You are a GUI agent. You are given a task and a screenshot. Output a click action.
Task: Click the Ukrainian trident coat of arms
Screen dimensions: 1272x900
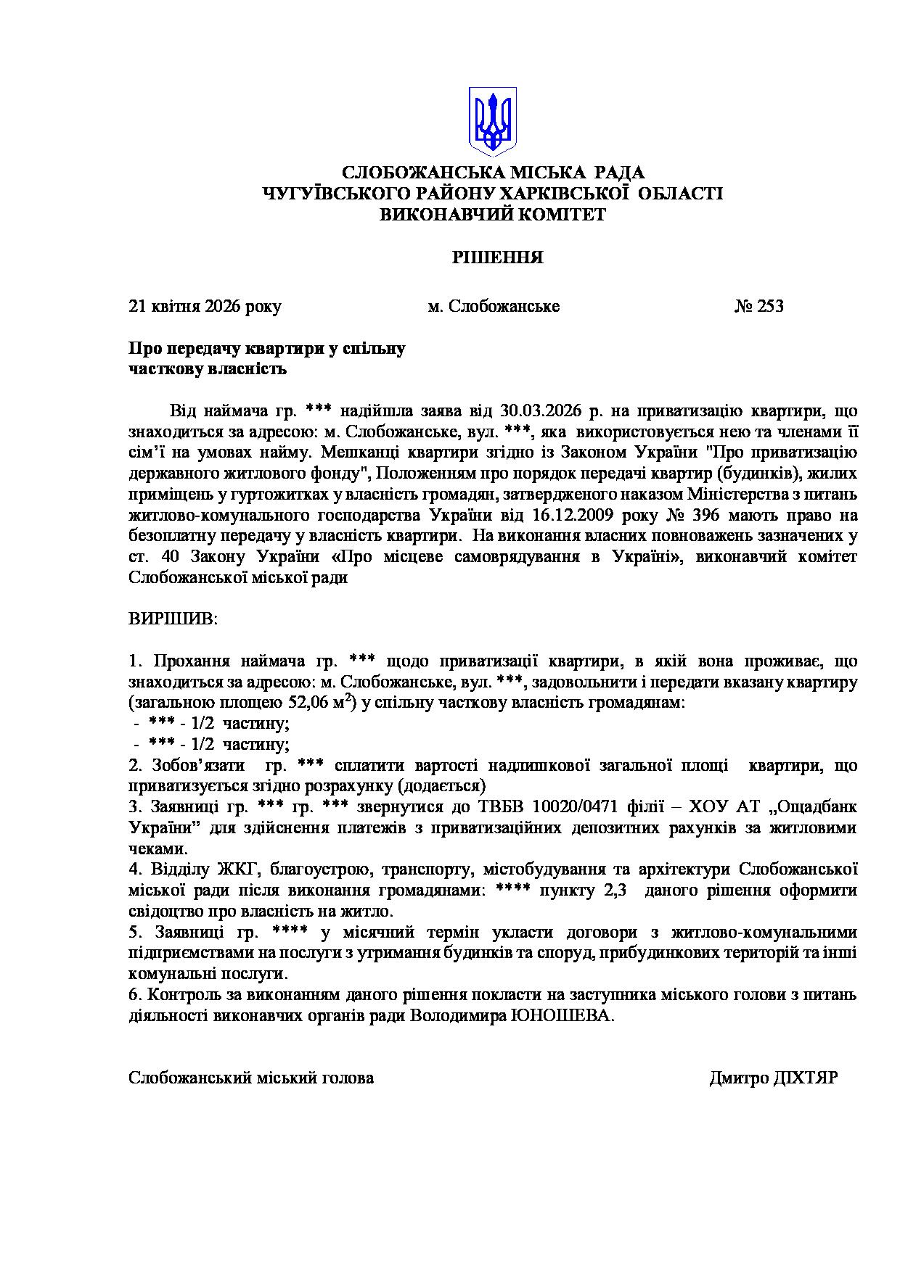[x=492, y=120]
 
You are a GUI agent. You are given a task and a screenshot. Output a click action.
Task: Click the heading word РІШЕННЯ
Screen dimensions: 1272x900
[x=498, y=257]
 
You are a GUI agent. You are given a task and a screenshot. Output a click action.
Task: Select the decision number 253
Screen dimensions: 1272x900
[x=770, y=306]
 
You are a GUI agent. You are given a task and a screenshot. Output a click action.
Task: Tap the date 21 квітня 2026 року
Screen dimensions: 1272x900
[x=205, y=306]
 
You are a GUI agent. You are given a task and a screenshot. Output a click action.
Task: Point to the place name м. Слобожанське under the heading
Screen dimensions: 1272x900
[x=494, y=306]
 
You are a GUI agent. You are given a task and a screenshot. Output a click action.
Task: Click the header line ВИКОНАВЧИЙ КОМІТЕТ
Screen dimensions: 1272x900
[x=493, y=215]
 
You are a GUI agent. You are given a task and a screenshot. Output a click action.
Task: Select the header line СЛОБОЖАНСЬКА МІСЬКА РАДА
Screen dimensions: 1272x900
[x=493, y=173]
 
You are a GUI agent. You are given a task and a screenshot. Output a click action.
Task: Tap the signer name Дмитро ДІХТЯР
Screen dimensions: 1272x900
[x=773, y=1078]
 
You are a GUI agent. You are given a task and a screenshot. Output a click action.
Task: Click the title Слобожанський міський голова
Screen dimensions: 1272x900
[x=251, y=1078]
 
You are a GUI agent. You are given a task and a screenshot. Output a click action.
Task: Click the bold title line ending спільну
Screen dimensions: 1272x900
[x=267, y=349]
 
